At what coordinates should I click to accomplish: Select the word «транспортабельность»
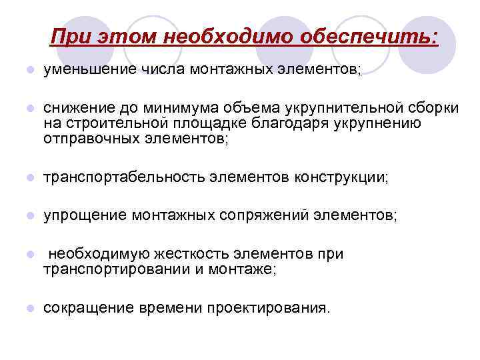[124, 177]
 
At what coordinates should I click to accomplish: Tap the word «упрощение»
[85, 215]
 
